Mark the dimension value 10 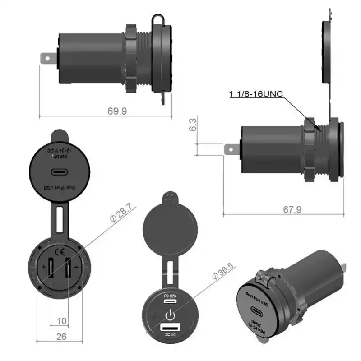(x=62, y=321)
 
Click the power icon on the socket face (x=170, y=315)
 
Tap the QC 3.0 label (x=170, y=334)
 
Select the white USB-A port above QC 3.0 (x=170, y=327)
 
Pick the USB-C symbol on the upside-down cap (x=59, y=172)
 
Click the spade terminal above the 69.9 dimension (x=48, y=59)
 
